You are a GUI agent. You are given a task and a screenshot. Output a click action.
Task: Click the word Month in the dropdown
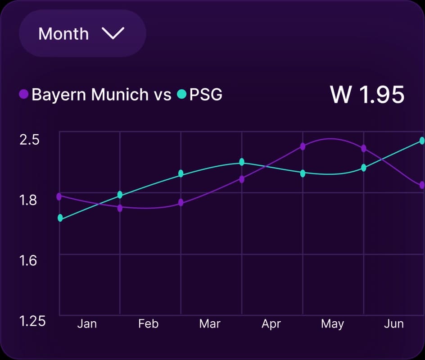[63, 34]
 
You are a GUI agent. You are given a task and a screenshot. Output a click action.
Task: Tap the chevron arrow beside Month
[113, 33]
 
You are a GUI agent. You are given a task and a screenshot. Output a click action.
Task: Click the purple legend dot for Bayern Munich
[23, 95]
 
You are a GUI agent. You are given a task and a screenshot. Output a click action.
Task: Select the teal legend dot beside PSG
[181, 95]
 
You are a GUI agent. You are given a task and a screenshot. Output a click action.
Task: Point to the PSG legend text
[206, 95]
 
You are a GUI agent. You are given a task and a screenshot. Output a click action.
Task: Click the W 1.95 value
[367, 95]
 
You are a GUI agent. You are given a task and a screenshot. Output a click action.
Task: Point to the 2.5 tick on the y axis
[29, 140]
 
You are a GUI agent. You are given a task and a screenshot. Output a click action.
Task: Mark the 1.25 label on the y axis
[32, 321]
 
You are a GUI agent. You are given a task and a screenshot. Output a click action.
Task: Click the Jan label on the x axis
[87, 324]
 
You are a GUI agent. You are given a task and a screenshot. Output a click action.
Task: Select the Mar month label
[210, 324]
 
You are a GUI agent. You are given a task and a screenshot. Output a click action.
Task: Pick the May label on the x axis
[332, 324]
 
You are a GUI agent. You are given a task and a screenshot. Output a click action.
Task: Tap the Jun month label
[393, 324]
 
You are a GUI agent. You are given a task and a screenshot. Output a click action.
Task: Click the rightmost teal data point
[422, 141]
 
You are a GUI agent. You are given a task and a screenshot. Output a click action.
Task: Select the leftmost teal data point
[60, 219]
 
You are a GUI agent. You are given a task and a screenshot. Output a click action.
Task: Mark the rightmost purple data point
[422, 185]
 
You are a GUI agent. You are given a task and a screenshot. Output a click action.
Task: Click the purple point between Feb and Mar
[181, 202]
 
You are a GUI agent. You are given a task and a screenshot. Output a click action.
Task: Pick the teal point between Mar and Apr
[242, 162]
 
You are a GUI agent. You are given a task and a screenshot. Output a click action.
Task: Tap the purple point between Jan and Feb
[120, 208]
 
